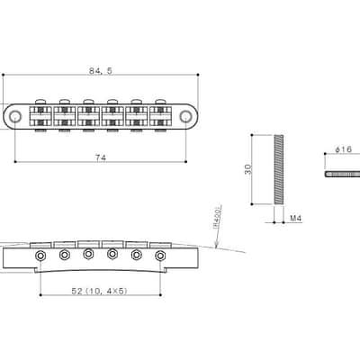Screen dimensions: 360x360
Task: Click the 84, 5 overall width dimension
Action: click(101, 71)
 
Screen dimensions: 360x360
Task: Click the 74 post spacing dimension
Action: click(101, 157)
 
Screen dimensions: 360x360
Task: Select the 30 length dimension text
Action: click(248, 169)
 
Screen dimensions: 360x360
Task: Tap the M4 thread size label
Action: click(295, 219)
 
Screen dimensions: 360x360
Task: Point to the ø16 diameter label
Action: click(344, 149)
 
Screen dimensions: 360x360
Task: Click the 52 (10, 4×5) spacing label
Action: click(100, 291)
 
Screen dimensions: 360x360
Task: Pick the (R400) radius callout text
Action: click(218, 218)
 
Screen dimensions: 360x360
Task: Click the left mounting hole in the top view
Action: click(14, 116)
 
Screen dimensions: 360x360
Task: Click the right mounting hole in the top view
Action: click(186, 116)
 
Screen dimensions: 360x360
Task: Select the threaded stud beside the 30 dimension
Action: click(279, 169)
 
